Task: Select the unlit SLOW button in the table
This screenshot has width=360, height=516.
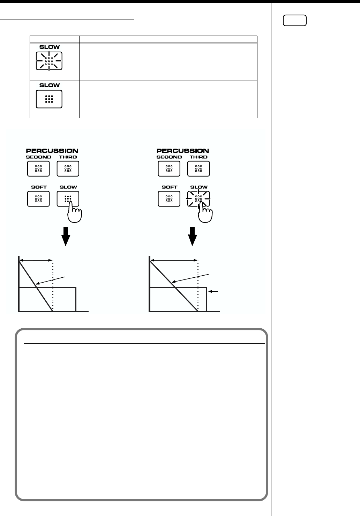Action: click(x=49, y=99)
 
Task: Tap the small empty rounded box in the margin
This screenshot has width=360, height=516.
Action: click(x=295, y=21)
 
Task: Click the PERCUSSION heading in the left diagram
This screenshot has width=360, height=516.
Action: click(x=52, y=151)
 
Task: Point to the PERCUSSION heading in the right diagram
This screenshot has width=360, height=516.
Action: click(x=183, y=151)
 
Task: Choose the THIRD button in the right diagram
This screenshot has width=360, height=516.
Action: click(x=198, y=169)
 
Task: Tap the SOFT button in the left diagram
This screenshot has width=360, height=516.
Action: click(x=38, y=199)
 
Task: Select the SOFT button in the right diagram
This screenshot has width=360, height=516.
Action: click(x=169, y=199)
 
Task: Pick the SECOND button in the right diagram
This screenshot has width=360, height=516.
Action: click(x=169, y=169)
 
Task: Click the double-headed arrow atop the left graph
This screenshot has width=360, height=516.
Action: click(x=36, y=260)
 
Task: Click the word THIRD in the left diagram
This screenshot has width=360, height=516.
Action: click(x=68, y=157)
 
